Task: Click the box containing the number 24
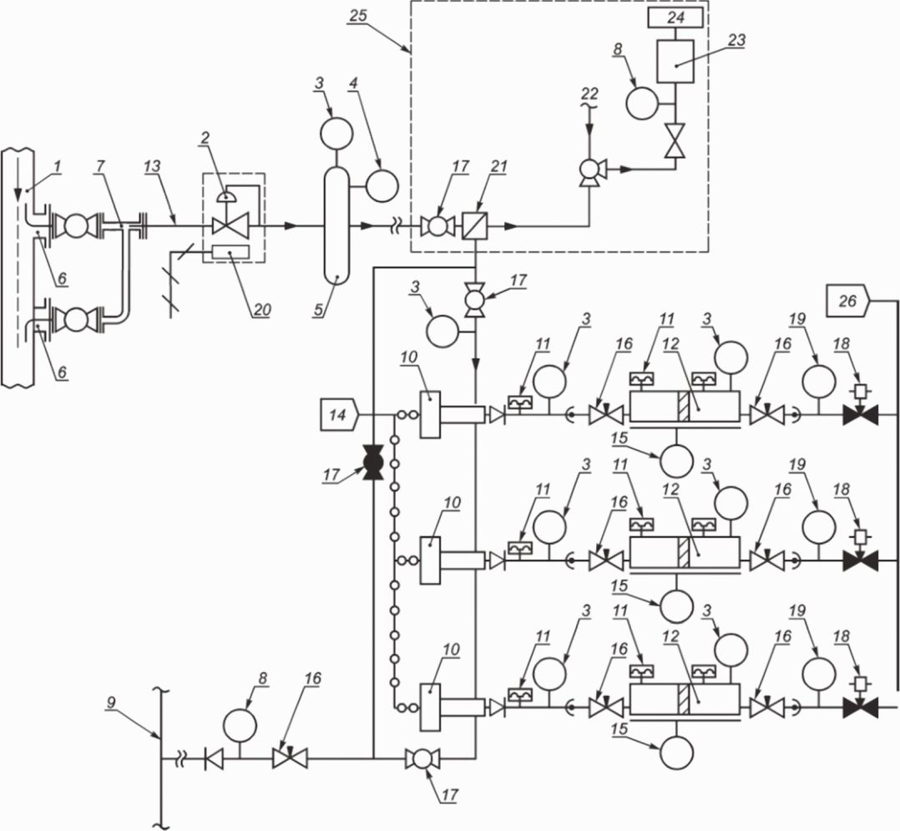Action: (x=678, y=17)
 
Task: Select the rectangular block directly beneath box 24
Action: (x=677, y=58)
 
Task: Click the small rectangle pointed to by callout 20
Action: (x=234, y=251)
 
